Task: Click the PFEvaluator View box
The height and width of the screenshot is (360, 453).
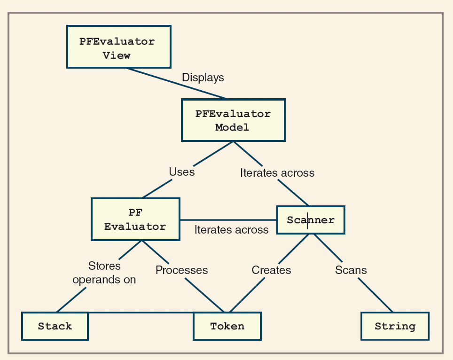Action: [x=118, y=47]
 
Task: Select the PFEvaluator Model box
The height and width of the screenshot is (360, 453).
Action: [x=233, y=120]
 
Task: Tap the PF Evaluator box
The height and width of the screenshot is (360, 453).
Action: [x=135, y=219]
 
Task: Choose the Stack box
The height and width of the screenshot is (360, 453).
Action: [x=55, y=326]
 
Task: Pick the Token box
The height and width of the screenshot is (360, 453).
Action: [x=227, y=326]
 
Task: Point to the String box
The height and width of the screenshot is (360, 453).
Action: [x=395, y=326]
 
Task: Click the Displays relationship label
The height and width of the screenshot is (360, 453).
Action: [x=203, y=78]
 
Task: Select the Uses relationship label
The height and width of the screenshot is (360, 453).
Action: [x=182, y=172]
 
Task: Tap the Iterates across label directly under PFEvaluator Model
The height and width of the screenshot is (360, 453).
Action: [x=277, y=173]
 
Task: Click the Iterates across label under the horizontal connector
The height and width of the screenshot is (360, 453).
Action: [x=231, y=230]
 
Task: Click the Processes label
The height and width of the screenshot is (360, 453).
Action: [x=181, y=270]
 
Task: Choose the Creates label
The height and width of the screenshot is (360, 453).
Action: [x=271, y=270]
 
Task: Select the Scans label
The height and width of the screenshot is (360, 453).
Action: [x=351, y=270]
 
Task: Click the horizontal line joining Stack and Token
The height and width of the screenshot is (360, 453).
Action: [x=141, y=313]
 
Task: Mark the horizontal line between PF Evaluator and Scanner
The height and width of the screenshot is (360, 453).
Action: [x=228, y=219]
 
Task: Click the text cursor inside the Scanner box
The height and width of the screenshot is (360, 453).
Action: [x=308, y=220]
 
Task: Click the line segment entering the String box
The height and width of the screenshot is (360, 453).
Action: [x=376, y=296]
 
